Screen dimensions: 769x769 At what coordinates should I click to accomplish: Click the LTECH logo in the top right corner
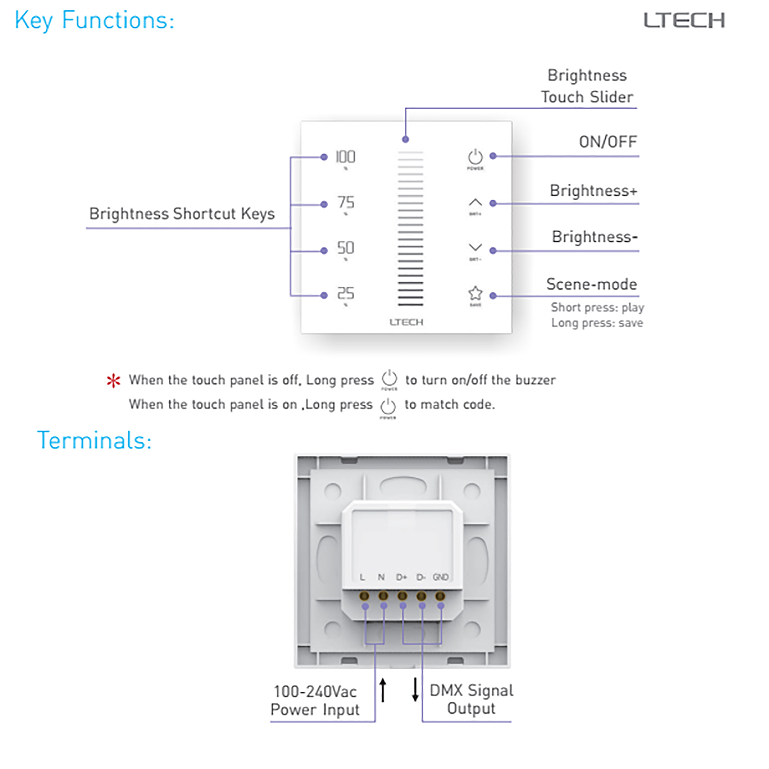(684, 20)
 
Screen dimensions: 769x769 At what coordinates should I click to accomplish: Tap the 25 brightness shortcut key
(346, 294)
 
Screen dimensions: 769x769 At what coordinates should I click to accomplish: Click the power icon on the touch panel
(475, 157)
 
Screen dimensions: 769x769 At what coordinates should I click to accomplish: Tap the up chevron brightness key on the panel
(475, 203)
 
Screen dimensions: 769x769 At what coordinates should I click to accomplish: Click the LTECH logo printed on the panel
(406, 322)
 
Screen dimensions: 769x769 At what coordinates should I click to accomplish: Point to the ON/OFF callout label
(608, 142)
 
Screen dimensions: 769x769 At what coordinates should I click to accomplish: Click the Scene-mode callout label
(591, 284)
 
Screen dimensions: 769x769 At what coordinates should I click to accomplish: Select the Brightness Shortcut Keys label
(182, 214)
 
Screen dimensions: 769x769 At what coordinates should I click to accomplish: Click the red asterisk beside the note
(113, 381)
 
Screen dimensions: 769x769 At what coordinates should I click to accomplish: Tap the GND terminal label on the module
(441, 577)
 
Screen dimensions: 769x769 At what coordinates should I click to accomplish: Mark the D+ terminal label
(401, 577)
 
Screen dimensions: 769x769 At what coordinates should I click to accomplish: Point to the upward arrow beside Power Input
(383, 690)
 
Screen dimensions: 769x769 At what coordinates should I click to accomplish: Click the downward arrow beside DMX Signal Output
(415, 690)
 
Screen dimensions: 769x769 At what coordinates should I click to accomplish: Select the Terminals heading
(94, 441)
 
